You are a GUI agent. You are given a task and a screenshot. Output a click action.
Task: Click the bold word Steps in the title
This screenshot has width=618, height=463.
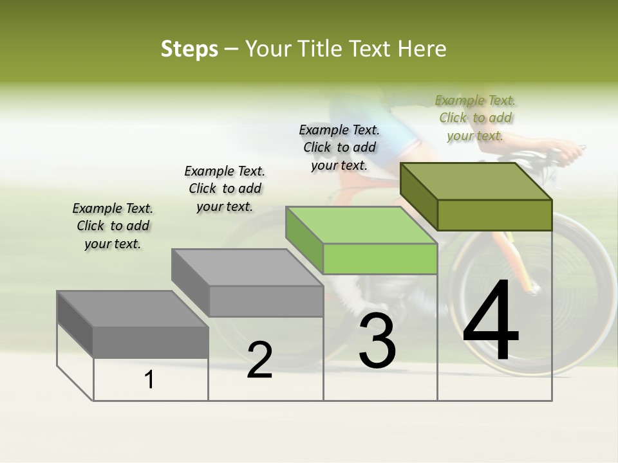click(189, 49)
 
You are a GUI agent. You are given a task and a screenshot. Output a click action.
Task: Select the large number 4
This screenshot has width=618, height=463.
click(491, 322)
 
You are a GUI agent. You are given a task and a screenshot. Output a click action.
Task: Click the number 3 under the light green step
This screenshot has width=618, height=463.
click(377, 341)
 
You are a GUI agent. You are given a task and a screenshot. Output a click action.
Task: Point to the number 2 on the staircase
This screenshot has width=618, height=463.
click(259, 360)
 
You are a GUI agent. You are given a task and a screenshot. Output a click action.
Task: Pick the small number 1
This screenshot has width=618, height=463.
click(149, 379)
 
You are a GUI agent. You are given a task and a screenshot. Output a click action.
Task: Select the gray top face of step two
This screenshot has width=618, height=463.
click(247, 268)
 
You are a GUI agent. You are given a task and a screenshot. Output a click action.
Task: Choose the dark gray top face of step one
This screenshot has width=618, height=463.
click(133, 309)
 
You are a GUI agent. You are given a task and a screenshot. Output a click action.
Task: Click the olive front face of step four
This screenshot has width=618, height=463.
click(494, 215)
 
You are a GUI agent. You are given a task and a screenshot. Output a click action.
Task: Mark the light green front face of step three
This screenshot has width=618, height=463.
click(380, 259)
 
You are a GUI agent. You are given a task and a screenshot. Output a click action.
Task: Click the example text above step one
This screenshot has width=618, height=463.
click(113, 226)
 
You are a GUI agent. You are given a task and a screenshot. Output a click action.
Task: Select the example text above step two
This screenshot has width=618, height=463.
click(225, 188)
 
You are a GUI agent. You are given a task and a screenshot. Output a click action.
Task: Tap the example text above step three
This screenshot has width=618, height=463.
click(339, 147)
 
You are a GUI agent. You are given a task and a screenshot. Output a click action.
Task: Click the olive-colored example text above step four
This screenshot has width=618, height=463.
click(475, 118)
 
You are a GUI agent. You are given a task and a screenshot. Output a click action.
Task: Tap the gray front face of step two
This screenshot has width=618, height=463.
click(267, 301)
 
